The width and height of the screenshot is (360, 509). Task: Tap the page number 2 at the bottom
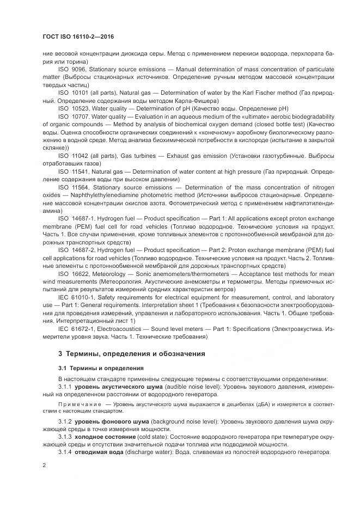[44, 465]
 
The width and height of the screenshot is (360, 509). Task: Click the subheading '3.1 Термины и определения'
[101, 368]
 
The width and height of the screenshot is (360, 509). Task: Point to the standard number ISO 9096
[71, 70]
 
